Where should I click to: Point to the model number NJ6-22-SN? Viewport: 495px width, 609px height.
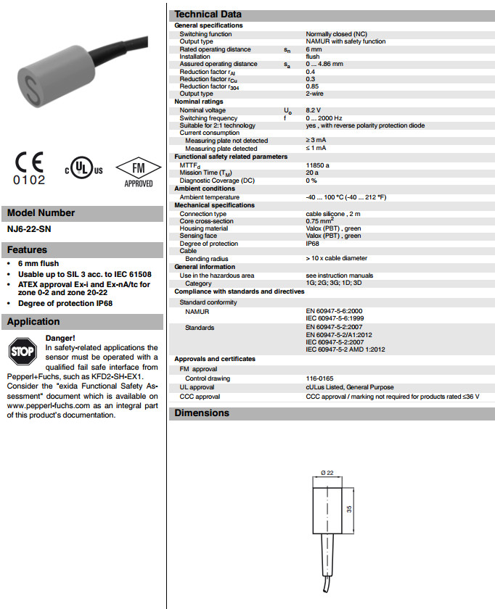coord(30,229)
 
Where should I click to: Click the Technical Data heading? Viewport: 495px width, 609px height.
coord(208,14)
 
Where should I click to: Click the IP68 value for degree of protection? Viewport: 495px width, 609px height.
coord(314,243)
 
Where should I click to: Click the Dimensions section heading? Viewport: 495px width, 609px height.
coord(201,413)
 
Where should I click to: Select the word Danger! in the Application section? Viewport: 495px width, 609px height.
coord(60,338)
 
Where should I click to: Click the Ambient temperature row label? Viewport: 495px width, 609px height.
coord(209,197)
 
